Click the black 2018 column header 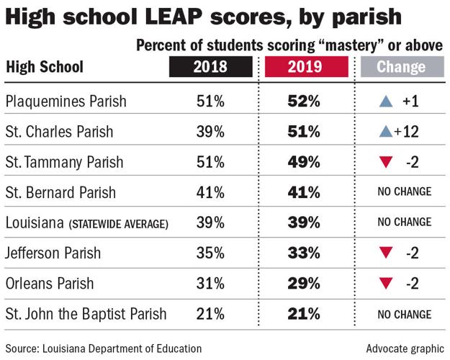point(210,68)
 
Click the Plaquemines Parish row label point(66,102)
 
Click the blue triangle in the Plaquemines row point(385,102)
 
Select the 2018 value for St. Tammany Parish point(210,162)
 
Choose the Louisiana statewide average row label point(86,222)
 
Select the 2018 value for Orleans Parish point(210,283)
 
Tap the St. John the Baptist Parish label point(86,313)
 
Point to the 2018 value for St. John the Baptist point(210,313)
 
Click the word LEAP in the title point(163,17)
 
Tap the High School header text point(45,68)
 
